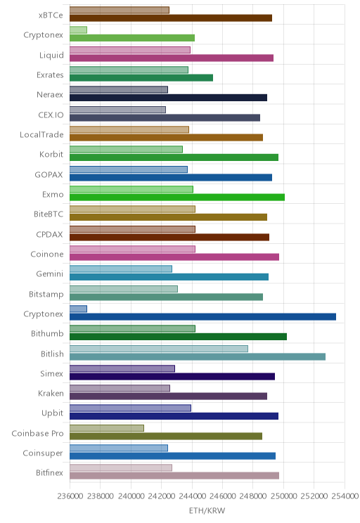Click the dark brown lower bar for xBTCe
171,18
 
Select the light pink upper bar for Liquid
130,50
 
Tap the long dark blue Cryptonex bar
203,317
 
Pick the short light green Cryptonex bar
79,30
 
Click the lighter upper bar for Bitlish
159,349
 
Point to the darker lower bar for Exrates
141,78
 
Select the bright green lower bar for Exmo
177,197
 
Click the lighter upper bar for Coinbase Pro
107,428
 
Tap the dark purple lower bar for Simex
172,377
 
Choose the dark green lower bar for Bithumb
178,337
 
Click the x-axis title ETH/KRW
207,510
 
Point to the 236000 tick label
70,496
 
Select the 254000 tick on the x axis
345,496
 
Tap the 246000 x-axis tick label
222,496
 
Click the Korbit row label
51,155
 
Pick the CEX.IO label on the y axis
51,115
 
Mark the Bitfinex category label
49,472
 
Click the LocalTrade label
41,135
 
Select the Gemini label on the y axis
50,274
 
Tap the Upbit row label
52,413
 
